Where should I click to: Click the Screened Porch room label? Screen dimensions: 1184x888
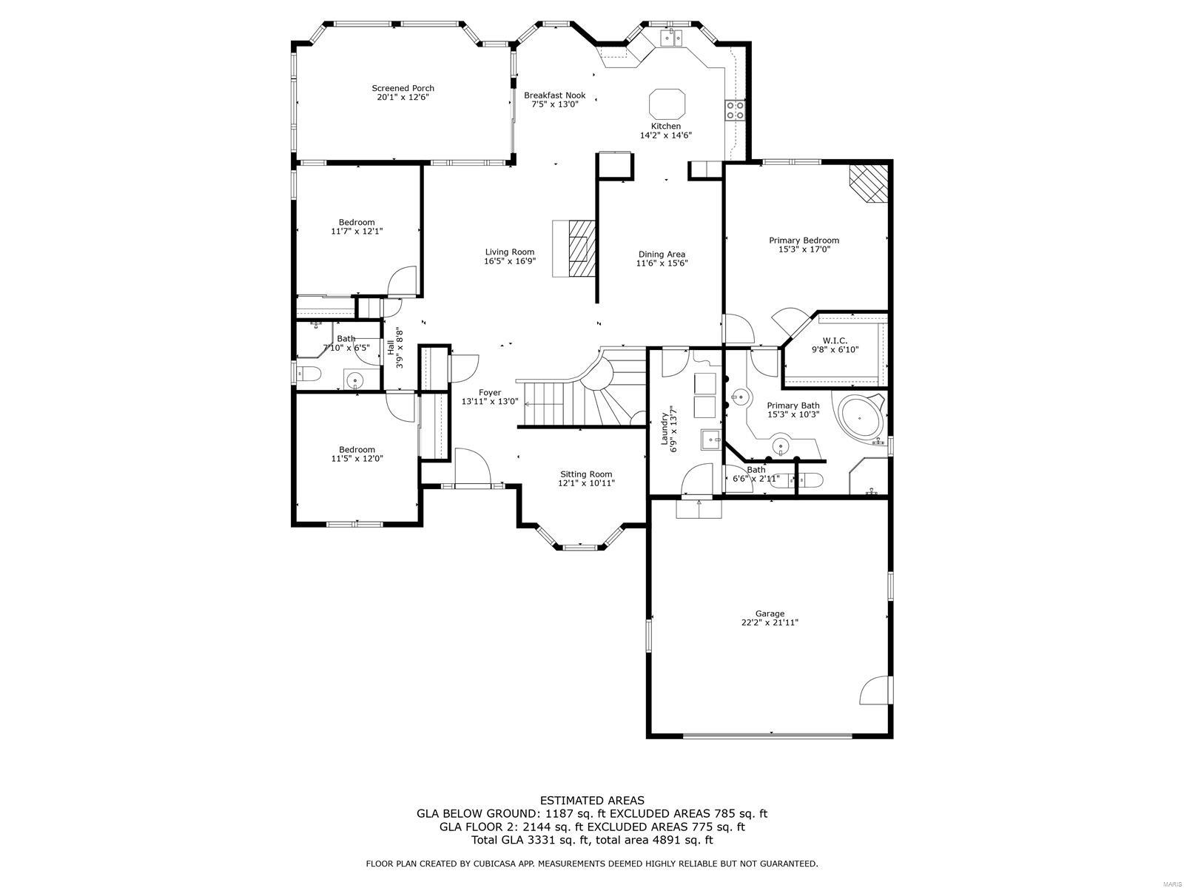coord(403,88)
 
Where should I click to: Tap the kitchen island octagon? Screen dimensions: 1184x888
coord(667,104)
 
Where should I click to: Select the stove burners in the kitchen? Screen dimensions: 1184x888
coord(736,110)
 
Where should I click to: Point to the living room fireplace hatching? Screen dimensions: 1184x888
coord(582,248)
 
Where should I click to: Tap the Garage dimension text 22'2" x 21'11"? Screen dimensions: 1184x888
coord(769,622)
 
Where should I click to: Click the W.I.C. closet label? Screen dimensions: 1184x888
coord(835,340)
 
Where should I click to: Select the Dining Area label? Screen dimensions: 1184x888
coord(662,254)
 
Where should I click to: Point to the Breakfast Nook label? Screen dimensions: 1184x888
coord(554,95)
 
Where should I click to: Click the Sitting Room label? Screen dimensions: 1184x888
coord(586,474)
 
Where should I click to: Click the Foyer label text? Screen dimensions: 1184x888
coord(490,392)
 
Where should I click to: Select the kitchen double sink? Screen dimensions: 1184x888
coord(672,38)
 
